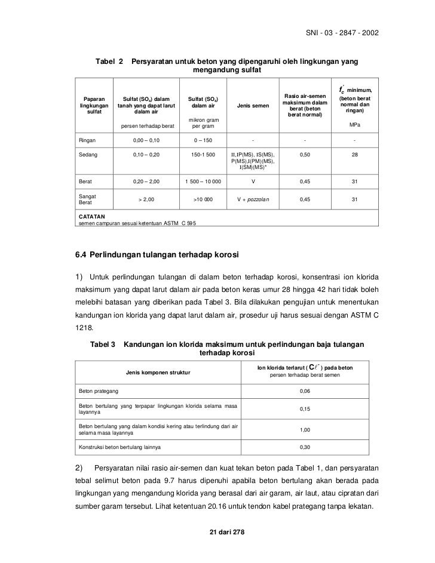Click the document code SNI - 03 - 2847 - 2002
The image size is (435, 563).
[x=342, y=32]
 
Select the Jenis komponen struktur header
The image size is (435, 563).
[x=158, y=373]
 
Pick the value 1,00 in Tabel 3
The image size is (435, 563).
[x=305, y=429]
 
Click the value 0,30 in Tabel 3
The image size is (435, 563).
[x=305, y=447]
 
